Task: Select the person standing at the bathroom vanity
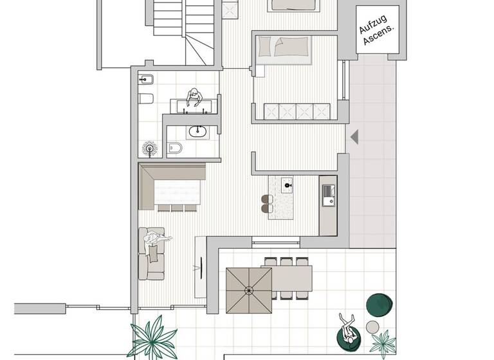pos(194,98)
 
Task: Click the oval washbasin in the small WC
pos(196,132)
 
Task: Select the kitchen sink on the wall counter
pos(328,192)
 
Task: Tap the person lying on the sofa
pos(154,244)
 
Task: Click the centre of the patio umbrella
pos(248,290)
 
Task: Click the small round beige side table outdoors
pos(372,327)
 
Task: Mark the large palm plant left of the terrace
pos(154,337)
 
